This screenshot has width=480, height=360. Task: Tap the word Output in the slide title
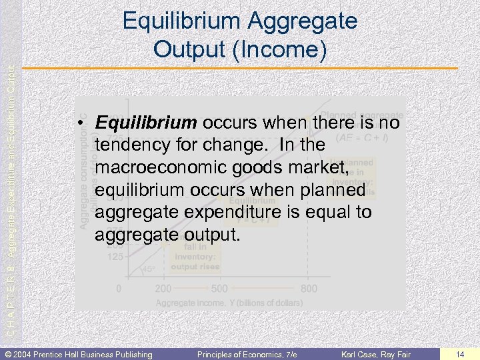point(186,49)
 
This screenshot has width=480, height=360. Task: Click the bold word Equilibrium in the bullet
point(146,123)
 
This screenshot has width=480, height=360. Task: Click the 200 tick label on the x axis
point(163,289)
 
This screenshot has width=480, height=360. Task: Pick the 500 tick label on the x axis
point(219,289)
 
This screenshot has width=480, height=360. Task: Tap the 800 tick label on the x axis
point(309,289)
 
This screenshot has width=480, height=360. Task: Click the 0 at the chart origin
point(119,289)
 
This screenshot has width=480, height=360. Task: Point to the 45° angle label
point(149,270)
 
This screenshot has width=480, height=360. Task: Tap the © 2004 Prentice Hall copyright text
point(79,353)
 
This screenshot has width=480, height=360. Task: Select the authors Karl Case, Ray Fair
point(377,353)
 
